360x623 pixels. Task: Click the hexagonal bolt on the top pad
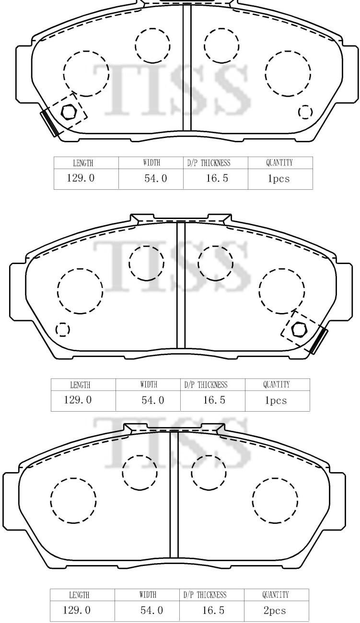pos(69,112)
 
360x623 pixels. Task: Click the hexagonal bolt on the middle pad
pos(299,329)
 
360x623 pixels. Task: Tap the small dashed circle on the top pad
pos(305,112)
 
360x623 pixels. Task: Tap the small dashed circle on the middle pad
pos(63,330)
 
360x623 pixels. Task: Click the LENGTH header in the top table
pos(83,163)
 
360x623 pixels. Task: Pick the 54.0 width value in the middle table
pos(152,400)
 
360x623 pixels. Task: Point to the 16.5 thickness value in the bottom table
pos(213,610)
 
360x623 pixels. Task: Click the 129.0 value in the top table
pos(81,178)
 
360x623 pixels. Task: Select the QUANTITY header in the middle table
pos(276,384)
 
